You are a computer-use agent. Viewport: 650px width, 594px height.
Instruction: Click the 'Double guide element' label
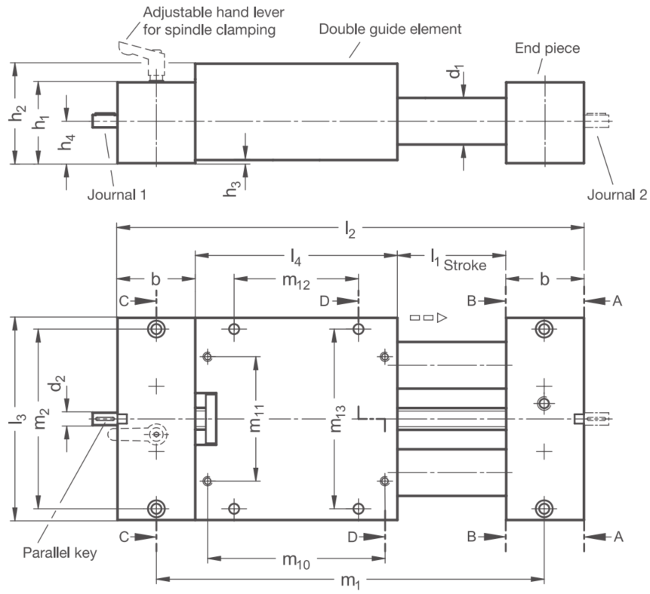coord(390,29)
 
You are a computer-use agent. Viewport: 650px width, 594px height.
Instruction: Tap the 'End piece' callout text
coord(547,48)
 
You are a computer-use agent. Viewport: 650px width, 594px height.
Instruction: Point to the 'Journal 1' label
coord(117,195)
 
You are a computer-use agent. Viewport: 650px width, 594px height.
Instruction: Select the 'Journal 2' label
coord(617,195)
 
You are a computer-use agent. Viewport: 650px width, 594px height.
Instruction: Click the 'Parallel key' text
coord(60,553)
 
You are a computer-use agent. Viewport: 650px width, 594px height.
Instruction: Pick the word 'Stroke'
coord(465,265)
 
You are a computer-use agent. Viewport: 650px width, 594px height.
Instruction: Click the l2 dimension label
coord(350,229)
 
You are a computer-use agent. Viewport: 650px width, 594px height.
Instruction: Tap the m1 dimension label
coord(350,581)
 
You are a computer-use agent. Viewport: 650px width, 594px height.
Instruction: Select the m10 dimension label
coord(296,561)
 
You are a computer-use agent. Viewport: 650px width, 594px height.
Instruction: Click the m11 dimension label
coord(257,419)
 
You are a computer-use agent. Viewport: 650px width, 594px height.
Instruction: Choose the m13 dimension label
coord(337,419)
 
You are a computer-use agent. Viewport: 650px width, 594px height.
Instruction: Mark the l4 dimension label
coord(296,258)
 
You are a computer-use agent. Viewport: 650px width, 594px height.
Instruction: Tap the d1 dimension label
coord(455,71)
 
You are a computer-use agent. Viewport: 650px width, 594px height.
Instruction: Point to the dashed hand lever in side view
coord(142,59)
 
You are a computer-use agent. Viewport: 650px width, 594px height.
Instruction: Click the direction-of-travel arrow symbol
coord(428,318)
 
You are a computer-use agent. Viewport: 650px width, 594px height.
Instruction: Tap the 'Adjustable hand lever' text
coord(214,12)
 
